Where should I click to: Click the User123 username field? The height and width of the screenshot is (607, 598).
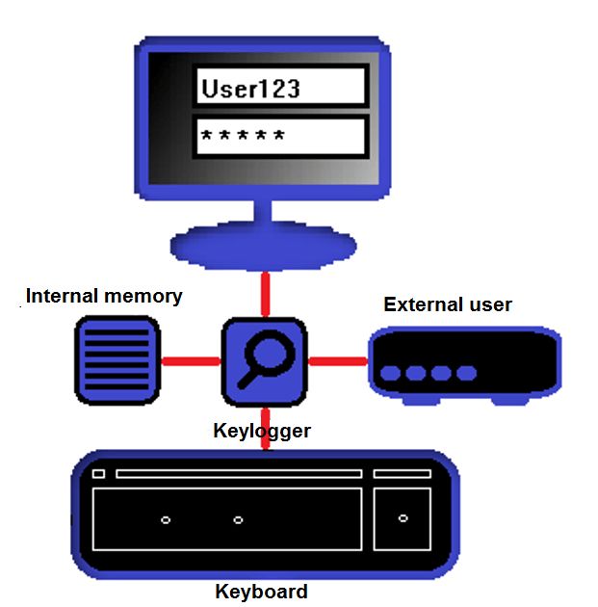coord(280,87)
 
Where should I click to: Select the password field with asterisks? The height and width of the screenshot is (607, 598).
coord(280,136)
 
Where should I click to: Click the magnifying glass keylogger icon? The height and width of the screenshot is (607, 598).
coord(263,361)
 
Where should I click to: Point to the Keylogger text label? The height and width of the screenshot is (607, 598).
coord(262,431)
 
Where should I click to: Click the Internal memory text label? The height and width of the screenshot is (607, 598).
coord(104,296)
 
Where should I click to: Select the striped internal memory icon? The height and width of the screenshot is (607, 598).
coord(117,361)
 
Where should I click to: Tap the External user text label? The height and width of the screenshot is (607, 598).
coord(448,304)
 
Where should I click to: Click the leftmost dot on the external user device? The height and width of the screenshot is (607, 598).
coord(392,373)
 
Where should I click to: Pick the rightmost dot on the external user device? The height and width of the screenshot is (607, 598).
coord(466,373)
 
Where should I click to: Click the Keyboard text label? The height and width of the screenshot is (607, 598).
coord(262,592)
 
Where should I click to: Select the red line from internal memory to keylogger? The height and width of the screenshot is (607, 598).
coord(189,362)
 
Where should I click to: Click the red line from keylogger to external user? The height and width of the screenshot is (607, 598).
coord(337,362)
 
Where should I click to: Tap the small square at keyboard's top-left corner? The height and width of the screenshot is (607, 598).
coord(98,474)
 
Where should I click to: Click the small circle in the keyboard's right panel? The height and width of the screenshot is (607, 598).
coord(403,518)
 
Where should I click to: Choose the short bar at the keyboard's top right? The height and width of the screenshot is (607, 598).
coord(402,474)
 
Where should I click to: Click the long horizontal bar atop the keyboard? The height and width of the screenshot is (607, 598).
coord(239,474)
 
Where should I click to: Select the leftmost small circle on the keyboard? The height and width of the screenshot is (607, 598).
coord(166,520)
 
